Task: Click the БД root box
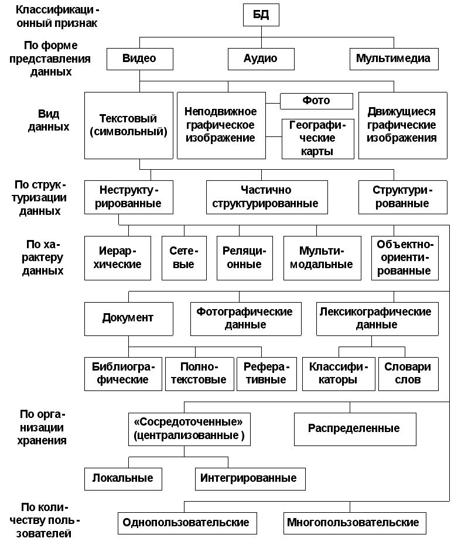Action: click(x=261, y=15)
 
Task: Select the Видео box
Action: click(x=139, y=59)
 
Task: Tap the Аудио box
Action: click(x=261, y=59)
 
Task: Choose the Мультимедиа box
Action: click(x=394, y=59)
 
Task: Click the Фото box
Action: click(x=316, y=101)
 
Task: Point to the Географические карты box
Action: click(x=317, y=139)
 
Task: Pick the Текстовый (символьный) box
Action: click(x=129, y=125)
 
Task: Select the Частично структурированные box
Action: click(x=266, y=197)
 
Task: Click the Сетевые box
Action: click(x=184, y=258)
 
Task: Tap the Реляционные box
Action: click(x=244, y=258)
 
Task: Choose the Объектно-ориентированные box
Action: click(x=405, y=258)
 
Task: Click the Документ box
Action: click(x=129, y=318)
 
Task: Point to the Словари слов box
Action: click(x=408, y=373)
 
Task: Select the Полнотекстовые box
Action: click(x=199, y=373)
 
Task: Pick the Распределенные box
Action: click(x=355, y=429)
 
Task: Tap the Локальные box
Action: click(x=123, y=479)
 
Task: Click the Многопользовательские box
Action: click(x=355, y=523)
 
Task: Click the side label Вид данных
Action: click(x=49, y=120)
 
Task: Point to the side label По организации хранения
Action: click(x=42, y=427)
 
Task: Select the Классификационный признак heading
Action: click(x=57, y=16)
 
